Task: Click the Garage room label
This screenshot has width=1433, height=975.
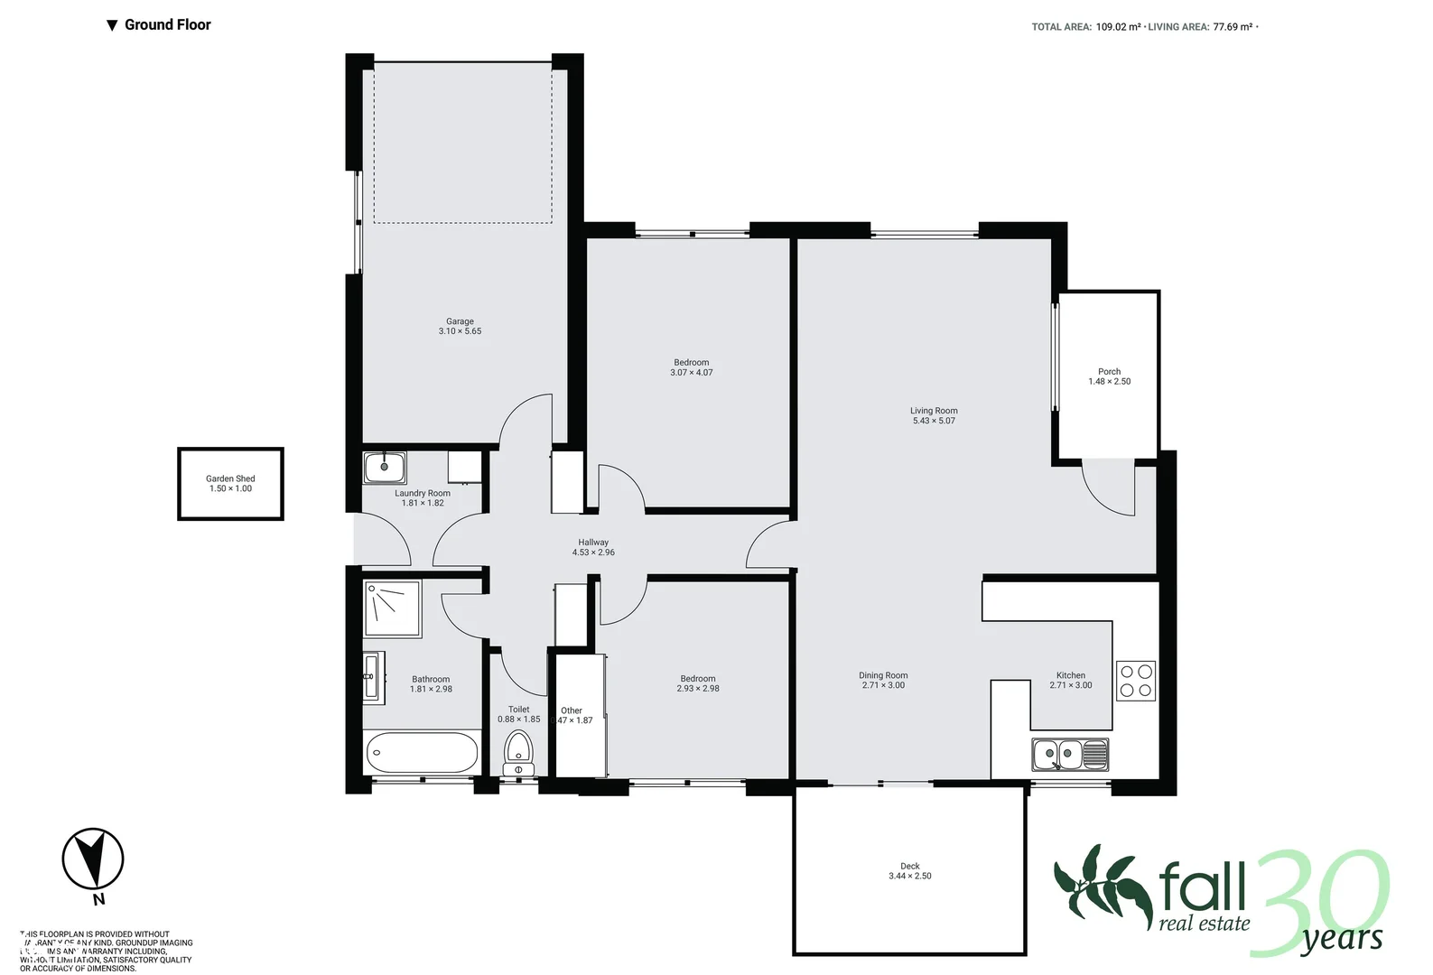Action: (460, 321)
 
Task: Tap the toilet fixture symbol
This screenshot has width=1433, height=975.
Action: (518, 752)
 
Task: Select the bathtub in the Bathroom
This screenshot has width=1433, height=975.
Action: (422, 752)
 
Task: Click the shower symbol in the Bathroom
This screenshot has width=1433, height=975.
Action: (392, 608)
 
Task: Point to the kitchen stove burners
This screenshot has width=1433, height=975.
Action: (1136, 681)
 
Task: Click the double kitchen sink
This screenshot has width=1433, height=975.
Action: (1069, 754)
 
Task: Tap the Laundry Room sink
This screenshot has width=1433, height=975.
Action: (385, 468)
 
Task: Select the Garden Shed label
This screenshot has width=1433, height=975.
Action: (230, 478)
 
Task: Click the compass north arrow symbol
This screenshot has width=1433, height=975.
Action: (93, 859)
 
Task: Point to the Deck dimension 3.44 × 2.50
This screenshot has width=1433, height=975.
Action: (909, 876)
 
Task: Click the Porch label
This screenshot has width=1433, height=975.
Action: (1109, 371)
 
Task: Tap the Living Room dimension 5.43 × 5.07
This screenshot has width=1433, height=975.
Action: (934, 421)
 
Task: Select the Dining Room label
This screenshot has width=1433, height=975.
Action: (883, 675)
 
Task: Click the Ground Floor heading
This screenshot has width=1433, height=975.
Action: (167, 24)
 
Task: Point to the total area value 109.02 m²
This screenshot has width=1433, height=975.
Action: (1118, 27)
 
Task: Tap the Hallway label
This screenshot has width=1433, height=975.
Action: (593, 543)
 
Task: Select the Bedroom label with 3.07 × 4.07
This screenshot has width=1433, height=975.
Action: (691, 362)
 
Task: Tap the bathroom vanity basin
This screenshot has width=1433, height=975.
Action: (371, 675)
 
